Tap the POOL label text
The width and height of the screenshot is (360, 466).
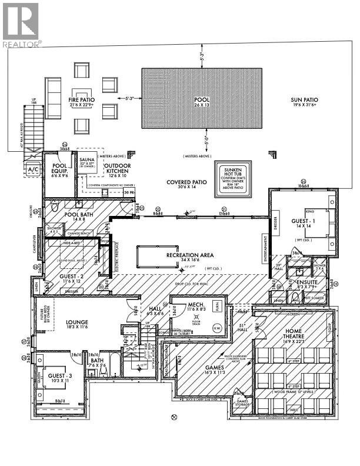(x=201, y=100)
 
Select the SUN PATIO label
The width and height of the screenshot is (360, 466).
(x=304, y=100)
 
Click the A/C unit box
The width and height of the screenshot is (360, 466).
(x=32, y=169)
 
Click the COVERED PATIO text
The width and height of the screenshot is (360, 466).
(x=186, y=182)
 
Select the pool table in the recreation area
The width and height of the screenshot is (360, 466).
(x=156, y=254)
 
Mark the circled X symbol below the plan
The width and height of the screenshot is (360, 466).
(x=173, y=417)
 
